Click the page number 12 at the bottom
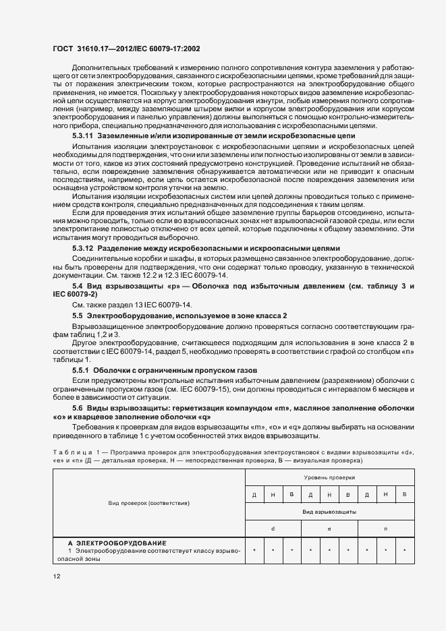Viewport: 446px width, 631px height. point(57,576)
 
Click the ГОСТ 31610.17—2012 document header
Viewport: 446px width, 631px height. point(127,49)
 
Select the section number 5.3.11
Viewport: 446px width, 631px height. point(84,136)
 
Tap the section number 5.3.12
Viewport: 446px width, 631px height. point(84,249)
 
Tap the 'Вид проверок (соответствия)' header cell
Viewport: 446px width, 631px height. point(149,503)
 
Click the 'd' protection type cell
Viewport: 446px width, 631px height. point(273,529)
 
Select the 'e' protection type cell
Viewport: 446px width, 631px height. point(329,529)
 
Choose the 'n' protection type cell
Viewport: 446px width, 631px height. point(385,529)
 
